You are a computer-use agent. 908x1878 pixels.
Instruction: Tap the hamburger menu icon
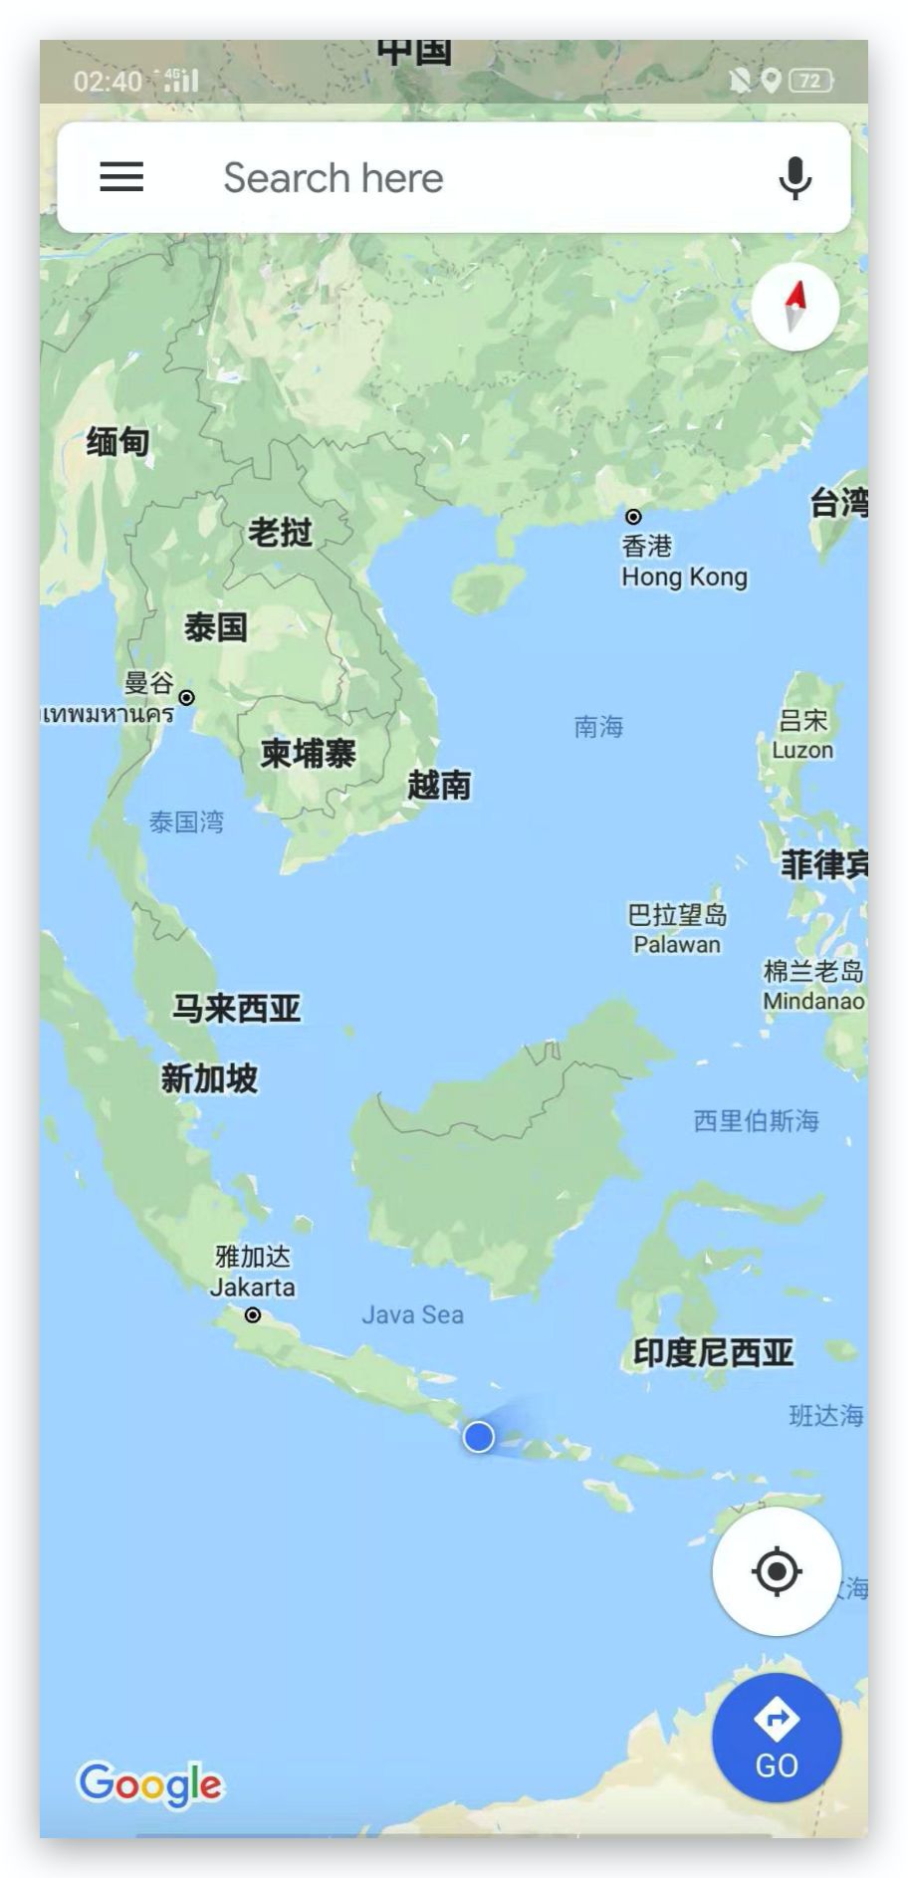click(x=121, y=177)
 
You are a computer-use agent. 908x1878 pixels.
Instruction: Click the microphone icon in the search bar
click(x=794, y=178)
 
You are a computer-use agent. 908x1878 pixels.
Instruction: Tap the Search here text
click(x=334, y=178)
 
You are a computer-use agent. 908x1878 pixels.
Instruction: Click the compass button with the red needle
click(x=794, y=307)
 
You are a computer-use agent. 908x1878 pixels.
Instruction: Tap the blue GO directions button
click(x=777, y=1738)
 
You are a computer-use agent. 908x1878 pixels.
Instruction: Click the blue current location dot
click(x=479, y=1437)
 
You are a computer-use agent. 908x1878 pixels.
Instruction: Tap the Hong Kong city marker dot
click(x=633, y=517)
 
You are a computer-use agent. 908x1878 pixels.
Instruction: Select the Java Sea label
click(x=412, y=1314)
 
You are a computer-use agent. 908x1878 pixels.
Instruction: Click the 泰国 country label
click(x=216, y=627)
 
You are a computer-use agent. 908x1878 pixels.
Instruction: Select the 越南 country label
click(x=439, y=786)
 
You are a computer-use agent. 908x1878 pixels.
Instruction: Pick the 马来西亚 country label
click(x=237, y=1009)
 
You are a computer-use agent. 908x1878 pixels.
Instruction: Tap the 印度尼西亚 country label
click(x=714, y=1352)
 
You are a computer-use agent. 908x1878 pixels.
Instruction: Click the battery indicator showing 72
click(x=810, y=81)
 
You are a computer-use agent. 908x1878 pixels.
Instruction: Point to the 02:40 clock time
click(x=108, y=81)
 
